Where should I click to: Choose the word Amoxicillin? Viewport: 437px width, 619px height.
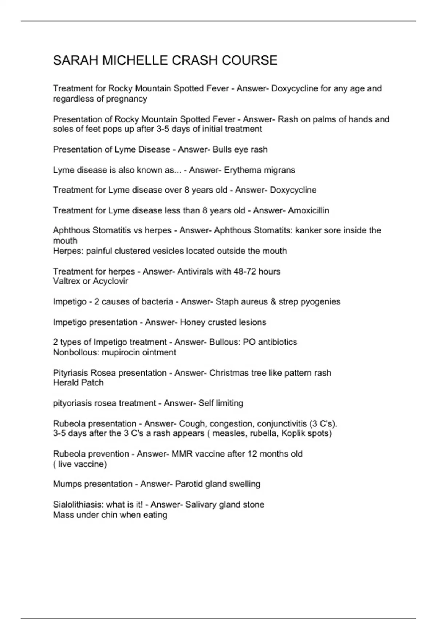point(308,210)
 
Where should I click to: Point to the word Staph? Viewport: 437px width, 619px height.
point(227,302)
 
